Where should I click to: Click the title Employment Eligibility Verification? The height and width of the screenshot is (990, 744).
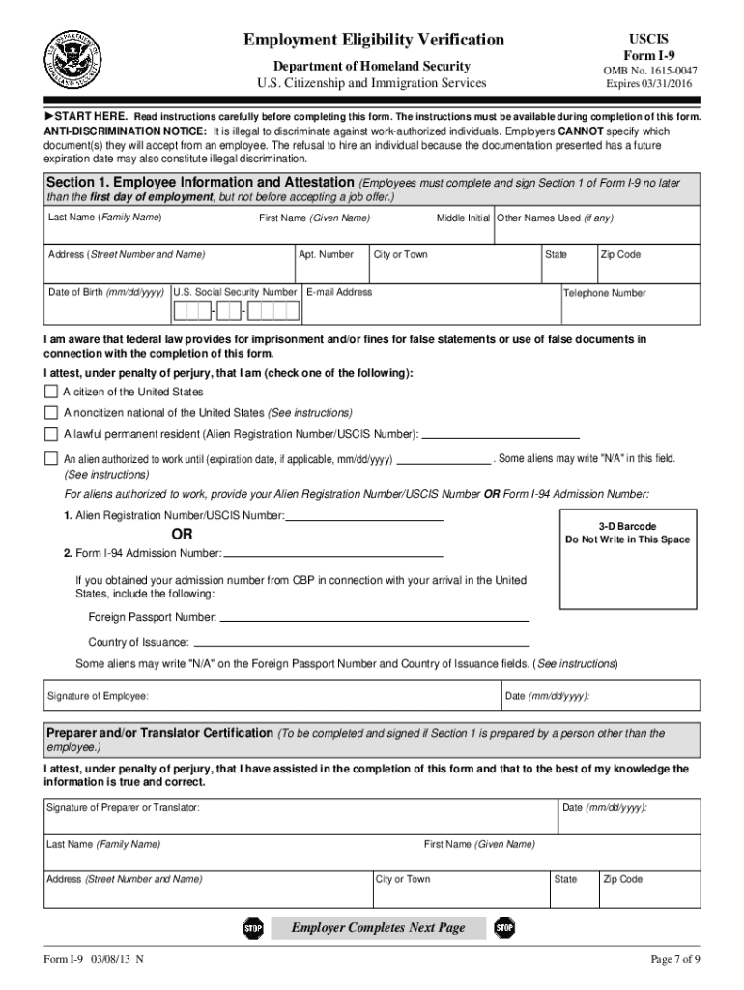(x=373, y=40)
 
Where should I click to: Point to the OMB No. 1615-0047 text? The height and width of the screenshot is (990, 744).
(x=648, y=71)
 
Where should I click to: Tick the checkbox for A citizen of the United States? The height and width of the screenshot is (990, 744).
(x=51, y=392)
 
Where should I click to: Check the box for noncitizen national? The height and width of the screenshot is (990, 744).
(x=51, y=412)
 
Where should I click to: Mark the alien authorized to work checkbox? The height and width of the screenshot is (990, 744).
(x=51, y=458)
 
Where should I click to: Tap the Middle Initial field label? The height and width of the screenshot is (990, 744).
(x=463, y=218)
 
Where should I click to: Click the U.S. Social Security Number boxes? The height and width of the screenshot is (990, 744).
(x=237, y=311)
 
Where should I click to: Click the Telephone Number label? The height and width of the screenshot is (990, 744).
(x=605, y=293)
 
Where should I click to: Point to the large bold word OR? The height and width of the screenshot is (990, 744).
(x=182, y=535)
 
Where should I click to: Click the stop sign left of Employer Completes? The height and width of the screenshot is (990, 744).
(x=252, y=928)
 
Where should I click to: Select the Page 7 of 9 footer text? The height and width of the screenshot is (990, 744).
(x=675, y=959)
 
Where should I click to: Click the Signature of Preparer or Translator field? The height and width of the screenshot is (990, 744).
(x=300, y=816)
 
